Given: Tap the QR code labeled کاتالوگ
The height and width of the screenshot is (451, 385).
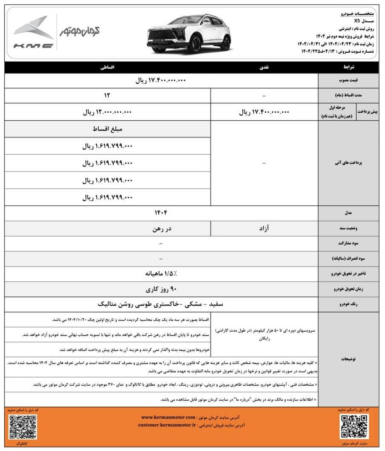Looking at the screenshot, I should (22, 426).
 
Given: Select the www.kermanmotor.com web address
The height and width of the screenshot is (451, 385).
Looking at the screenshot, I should (168, 417).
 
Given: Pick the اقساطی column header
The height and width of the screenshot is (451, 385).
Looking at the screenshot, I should (108, 68).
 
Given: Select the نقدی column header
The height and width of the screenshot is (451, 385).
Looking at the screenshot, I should (264, 68).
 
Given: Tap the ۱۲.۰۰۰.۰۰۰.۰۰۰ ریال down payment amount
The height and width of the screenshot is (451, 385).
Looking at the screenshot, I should (108, 112).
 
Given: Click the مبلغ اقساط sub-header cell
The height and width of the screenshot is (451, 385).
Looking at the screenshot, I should (108, 129).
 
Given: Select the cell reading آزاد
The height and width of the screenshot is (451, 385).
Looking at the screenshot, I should (264, 229).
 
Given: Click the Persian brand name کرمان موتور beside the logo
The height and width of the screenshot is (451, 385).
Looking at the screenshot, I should (80, 31).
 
